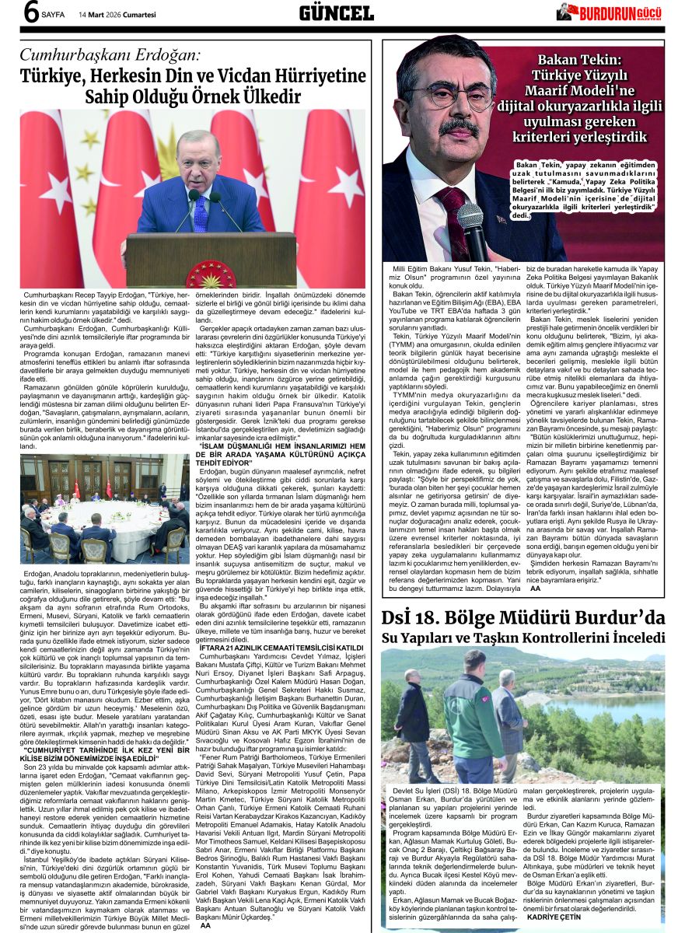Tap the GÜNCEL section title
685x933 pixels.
pos(336,13)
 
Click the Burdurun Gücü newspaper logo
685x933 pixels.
pos(610,12)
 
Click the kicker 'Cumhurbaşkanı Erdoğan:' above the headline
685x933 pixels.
pos(110,55)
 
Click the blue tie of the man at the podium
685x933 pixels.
pos(201,212)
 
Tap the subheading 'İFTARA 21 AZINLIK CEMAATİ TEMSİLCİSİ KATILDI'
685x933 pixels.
pos(281,647)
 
